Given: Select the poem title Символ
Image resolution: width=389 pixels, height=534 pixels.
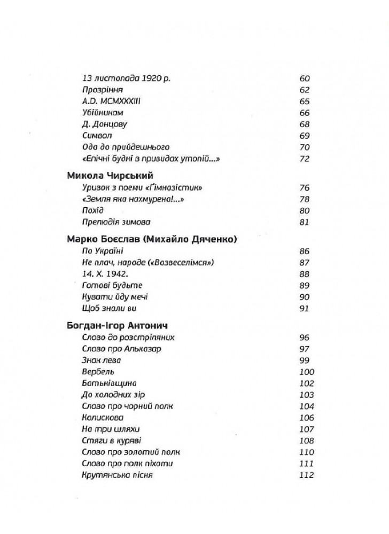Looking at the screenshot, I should (97, 135).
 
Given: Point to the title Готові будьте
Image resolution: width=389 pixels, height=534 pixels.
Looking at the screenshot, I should (112, 285).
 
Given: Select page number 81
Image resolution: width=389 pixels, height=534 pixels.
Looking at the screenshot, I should (305, 222).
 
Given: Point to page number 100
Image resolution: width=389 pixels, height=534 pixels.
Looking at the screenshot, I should (307, 372).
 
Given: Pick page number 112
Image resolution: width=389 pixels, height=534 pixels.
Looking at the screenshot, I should (307, 476).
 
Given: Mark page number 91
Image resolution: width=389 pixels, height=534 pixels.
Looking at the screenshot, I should (305, 308).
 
